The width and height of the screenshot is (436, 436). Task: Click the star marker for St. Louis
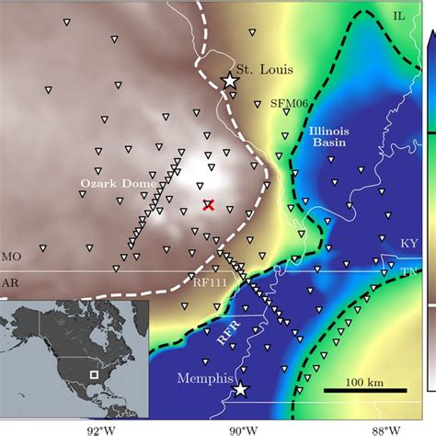tap(230, 81)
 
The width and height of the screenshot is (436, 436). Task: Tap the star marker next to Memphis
tap(240, 390)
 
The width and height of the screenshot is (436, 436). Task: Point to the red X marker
tap(209, 206)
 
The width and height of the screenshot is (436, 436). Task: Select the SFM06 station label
tap(288, 104)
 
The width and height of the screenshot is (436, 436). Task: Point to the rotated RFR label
tap(230, 335)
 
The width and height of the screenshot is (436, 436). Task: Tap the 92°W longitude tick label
tap(100, 427)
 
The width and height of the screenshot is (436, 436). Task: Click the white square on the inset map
tap(94, 374)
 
